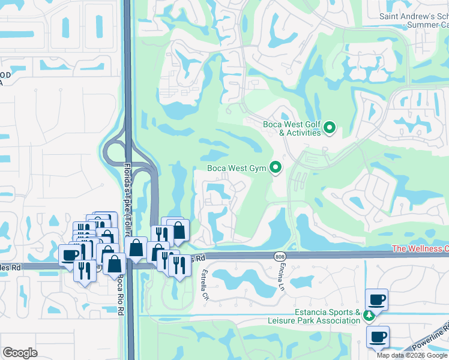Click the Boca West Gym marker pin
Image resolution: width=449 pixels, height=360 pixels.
(x=276, y=168)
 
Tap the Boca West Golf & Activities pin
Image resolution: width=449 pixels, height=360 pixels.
(x=329, y=128)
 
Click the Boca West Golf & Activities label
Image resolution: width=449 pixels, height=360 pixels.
(x=292, y=128)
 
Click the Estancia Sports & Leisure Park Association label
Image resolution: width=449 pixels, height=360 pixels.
(x=327, y=316)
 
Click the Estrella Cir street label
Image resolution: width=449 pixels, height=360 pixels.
(x=205, y=284)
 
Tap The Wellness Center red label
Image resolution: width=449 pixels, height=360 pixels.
(x=420, y=248)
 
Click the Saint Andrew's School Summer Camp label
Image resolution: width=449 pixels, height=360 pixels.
(x=414, y=20)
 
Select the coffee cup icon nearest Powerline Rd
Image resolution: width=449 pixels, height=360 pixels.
(x=378, y=337)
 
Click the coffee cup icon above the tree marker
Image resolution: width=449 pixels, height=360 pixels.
(x=377, y=299)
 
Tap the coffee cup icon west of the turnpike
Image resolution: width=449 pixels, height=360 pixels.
(x=70, y=254)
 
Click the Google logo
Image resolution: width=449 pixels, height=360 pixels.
(x=20, y=353)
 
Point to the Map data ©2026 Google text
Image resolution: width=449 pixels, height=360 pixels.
(x=411, y=355)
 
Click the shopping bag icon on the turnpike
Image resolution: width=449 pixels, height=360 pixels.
(x=137, y=248)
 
